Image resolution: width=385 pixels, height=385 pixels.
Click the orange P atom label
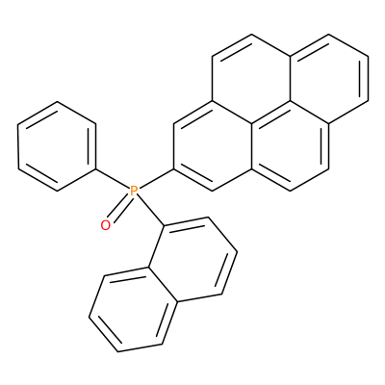click(x=134, y=192)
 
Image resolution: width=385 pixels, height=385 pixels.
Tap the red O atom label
click(x=105, y=225)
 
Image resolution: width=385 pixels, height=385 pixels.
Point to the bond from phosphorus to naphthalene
click(x=150, y=211)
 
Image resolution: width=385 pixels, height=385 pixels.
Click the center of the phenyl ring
click(x=57, y=146)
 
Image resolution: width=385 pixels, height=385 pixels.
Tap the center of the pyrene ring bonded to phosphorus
click(x=212, y=146)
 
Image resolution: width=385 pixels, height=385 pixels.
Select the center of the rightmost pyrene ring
click(x=328, y=79)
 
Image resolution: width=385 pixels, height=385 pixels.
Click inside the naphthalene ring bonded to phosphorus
click(x=192, y=259)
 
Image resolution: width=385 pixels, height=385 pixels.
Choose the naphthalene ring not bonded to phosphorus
click(x=133, y=310)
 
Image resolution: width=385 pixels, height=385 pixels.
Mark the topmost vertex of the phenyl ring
click(x=57, y=102)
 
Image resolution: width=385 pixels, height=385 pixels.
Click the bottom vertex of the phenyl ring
click(x=57, y=192)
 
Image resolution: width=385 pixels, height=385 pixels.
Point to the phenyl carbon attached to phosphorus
click(x=95, y=168)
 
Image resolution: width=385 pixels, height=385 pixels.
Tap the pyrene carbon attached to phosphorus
click(x=173, y=168)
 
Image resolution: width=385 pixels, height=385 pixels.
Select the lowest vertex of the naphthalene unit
click(x=118, y=351)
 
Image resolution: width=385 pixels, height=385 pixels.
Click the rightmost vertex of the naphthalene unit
click(x=237, y=251)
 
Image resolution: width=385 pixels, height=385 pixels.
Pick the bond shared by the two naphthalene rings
click(x=163, y=284)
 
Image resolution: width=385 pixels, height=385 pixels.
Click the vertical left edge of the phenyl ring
click(x=18, y=146)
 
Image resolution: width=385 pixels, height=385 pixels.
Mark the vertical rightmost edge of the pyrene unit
click(x=368, y=79)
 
